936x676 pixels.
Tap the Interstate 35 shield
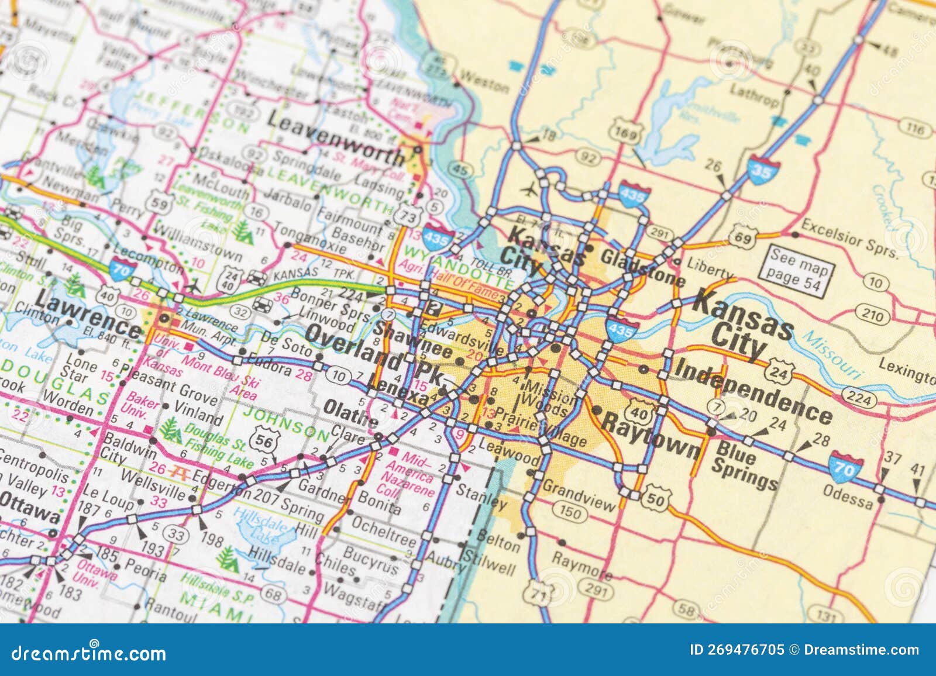pyautogui.click(x=760, y=170)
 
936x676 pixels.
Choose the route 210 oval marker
pyautogui.click(x=872, y=316)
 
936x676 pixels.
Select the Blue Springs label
pyautogui.click(x=745, y=466)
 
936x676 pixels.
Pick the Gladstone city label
pyautogui.click(x=643, y=267)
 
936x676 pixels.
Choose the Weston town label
pyautogui.click(x=484, y=82)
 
